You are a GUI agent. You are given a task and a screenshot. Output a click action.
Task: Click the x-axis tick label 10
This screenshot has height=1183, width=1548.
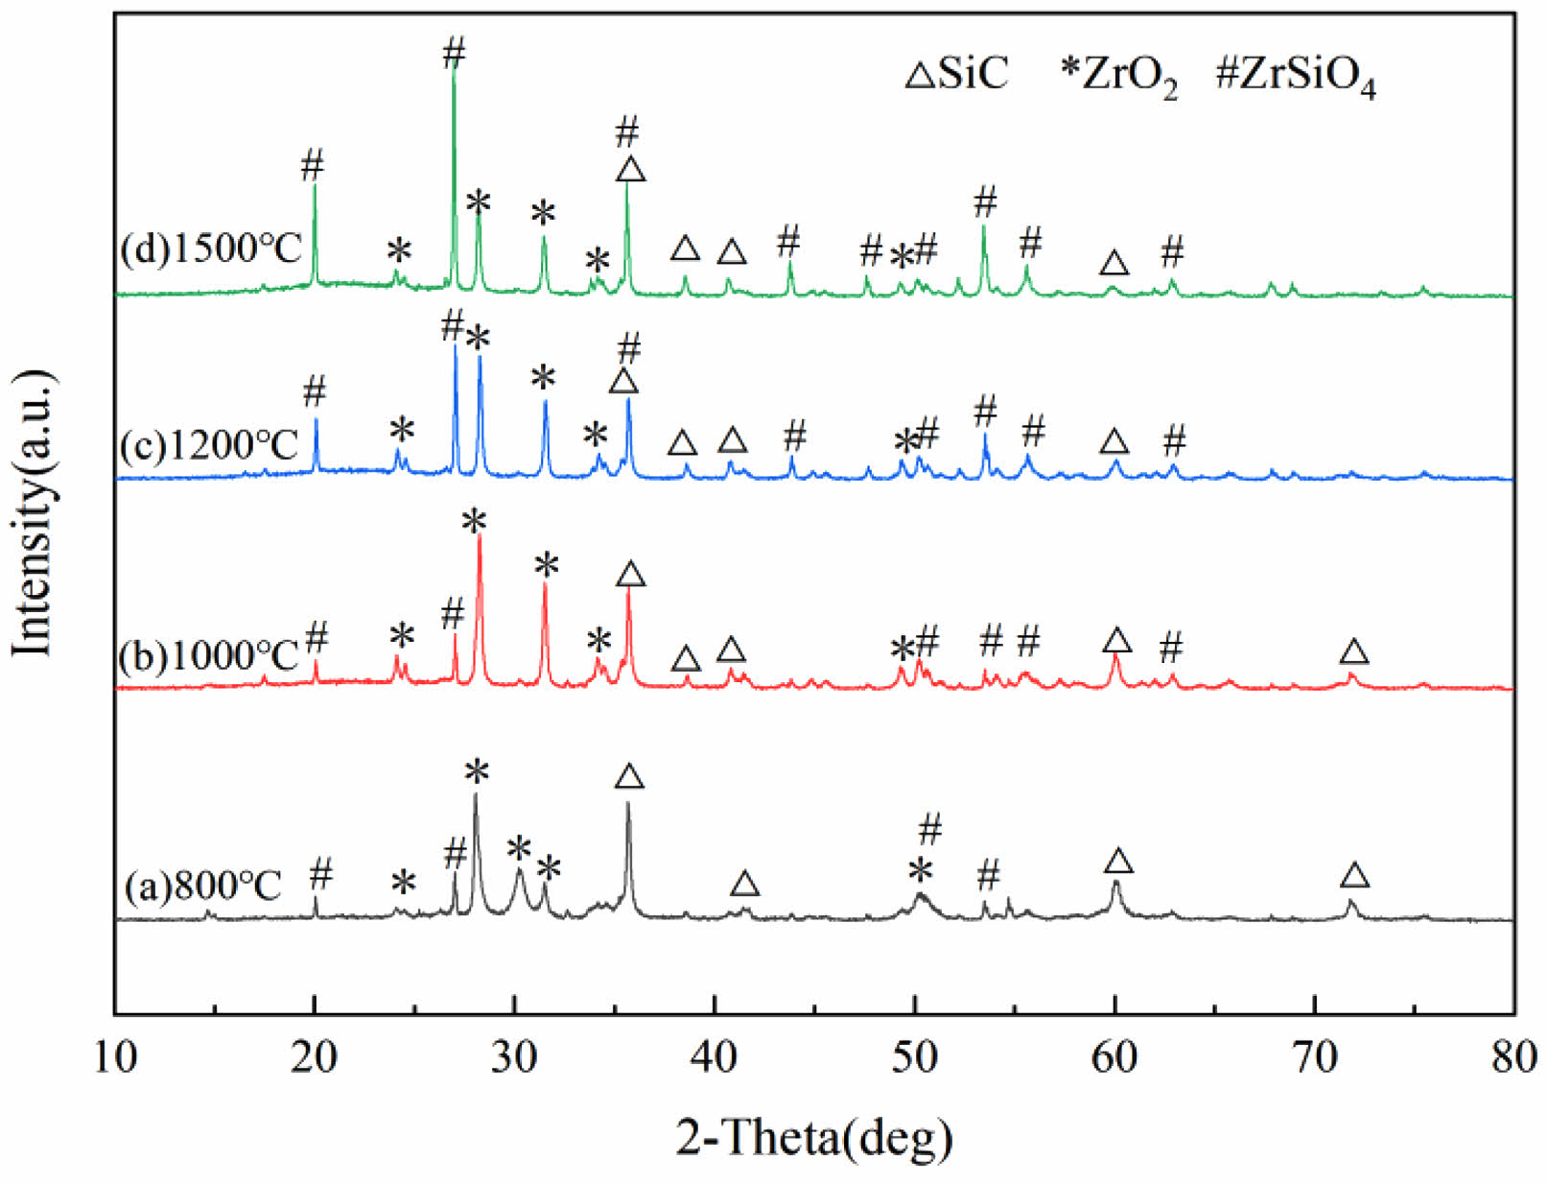point(114,1056)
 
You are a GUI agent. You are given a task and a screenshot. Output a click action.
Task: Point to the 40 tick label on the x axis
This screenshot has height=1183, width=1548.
point(714,1056)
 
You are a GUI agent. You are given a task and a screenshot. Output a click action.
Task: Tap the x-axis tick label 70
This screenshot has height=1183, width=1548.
point(1314,1056)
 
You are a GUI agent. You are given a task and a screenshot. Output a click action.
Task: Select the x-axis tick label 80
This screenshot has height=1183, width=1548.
point(1513,1056)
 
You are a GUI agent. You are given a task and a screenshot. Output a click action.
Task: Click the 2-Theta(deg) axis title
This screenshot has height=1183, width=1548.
point(814,1138)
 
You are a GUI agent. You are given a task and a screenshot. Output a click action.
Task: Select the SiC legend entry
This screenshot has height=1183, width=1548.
point(957,74)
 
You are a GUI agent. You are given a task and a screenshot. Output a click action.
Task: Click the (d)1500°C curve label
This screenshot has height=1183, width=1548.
point(211,249)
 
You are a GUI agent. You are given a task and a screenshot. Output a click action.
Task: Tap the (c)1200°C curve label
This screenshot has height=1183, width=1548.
point(209,445)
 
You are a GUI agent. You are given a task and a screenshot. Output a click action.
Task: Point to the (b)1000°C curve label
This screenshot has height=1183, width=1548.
point(209,656)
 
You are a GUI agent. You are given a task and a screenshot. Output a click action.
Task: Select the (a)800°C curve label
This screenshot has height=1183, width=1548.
point(203,885)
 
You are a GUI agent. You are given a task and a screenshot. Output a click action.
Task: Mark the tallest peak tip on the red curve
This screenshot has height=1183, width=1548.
point(479,537)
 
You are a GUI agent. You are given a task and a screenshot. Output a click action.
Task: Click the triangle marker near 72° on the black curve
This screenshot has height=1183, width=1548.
point(1354,875)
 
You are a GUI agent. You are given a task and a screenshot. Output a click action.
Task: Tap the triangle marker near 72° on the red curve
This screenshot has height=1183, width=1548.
point(1353,652)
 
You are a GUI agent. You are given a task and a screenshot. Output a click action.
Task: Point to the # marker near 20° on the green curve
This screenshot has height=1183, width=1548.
point(313,165)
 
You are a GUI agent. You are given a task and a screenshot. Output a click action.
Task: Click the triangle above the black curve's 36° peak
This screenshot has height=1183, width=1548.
point(629,776)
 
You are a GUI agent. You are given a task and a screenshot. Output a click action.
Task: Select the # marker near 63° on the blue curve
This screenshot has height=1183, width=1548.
point(1174,440)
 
